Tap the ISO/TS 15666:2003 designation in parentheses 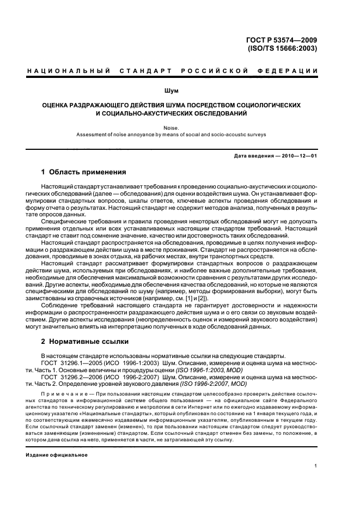tap(289, 47)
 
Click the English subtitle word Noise tap(179, 127)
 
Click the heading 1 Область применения tap(84, 172)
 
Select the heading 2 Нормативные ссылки tap(85, 342)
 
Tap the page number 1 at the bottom tap(315, 465)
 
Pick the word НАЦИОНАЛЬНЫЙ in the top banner tap(69, 71)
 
